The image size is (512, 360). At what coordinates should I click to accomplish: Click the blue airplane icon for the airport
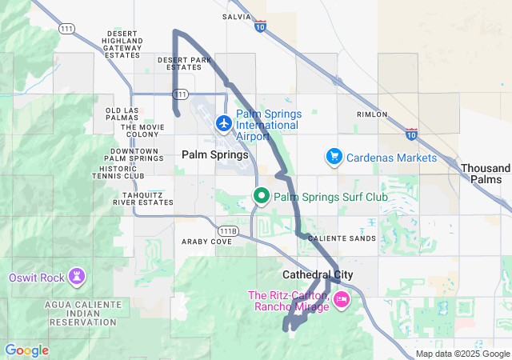point(223,124)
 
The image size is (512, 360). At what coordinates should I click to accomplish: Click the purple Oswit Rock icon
point(78,278)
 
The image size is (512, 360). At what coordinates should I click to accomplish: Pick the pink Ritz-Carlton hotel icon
point(342,299)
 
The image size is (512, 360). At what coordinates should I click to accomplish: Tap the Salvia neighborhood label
point(237,16)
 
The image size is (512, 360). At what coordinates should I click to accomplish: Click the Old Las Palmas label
point(122,114)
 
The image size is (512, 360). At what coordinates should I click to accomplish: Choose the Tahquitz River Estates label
point(143,198)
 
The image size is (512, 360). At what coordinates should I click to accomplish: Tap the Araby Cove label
point(206,241)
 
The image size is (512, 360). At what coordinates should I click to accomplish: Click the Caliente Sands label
point(342,238)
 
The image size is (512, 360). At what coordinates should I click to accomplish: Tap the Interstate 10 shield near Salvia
point(260,26)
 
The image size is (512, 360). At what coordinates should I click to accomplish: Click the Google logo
point(26,350)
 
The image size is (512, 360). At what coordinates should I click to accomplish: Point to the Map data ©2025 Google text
point(462,354)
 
